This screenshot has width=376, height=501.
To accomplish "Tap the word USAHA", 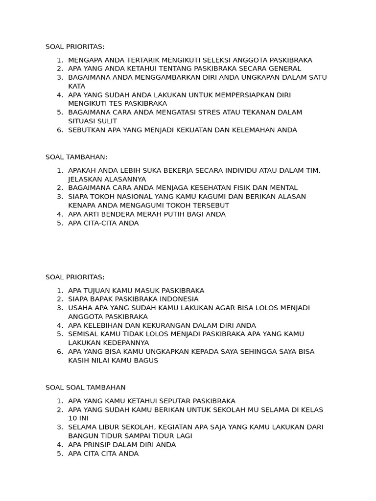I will point(80,308).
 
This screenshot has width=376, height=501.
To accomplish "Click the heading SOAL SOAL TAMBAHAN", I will point(86,387).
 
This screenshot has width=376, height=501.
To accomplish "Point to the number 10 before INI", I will point(72,418).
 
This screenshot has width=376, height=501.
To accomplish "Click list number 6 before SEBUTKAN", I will point(60,130).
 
